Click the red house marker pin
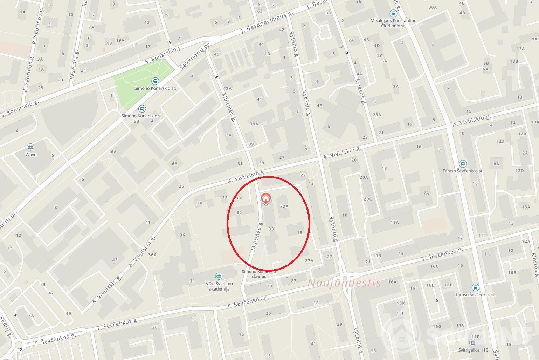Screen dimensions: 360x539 (x=265, y=198)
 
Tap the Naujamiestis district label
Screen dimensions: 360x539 (x=344, y=283)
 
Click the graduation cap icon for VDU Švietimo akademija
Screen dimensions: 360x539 (x=219, y=277)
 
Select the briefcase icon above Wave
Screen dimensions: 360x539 (x=30, y=147)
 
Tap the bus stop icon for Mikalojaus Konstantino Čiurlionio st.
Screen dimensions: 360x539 (x=393, y=14)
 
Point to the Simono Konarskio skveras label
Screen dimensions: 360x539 (x=258, y=274)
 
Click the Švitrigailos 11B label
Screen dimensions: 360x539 (x=473, y=350)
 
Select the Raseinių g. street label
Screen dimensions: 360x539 (x=75, y=65)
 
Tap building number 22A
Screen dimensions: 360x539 (x=284, y=206)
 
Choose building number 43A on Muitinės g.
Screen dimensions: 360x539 (x=227, y=89)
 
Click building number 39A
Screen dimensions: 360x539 (x=254, y=124)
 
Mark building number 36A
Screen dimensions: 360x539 (x=152, y=255)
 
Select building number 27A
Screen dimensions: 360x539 (x=309, y=261)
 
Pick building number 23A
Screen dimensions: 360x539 (x=377, y=115)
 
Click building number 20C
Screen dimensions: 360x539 (x=367, y=199)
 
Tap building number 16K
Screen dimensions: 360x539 (x=401, y=303)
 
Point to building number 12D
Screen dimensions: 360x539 (x=519, y=171)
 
